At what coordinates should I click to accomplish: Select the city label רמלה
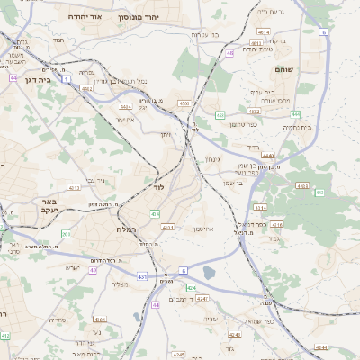[125, 229]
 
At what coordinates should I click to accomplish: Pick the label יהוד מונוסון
[166, 17]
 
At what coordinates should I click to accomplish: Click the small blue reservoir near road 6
[210, 272]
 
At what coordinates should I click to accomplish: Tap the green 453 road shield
[220, 115]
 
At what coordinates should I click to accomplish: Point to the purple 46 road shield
[230, 53]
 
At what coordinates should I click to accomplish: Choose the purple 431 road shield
[143, 276]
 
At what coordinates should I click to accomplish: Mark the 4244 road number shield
[321, 345]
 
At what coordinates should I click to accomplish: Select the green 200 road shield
[66, 234]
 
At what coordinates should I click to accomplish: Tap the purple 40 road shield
[93, 270]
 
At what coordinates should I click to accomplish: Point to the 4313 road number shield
[74, 188]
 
